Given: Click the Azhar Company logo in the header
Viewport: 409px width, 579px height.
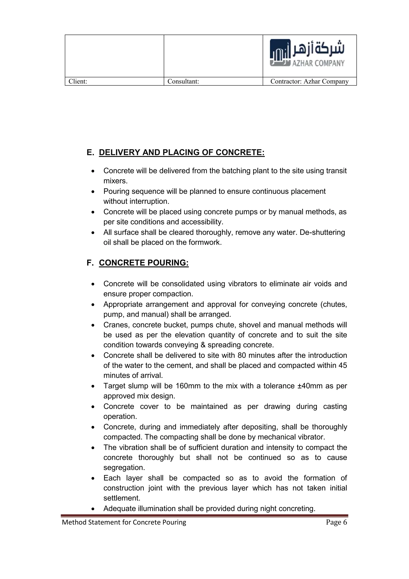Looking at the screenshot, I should point(307,53).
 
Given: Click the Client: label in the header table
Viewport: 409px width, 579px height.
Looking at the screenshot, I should point(78,81).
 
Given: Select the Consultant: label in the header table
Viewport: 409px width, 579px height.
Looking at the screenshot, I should point(183,81).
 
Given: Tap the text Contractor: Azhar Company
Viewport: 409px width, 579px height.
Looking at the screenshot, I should point(309,81).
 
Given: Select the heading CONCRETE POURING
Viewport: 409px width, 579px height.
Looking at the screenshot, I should point(144,263).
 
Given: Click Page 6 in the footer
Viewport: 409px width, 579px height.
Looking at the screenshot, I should point(336,522).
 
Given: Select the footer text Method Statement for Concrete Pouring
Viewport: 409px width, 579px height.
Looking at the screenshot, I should point(124,522).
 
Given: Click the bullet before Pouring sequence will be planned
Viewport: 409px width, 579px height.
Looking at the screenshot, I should point(93,192).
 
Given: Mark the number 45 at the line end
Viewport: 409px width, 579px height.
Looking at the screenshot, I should point(342,365).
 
